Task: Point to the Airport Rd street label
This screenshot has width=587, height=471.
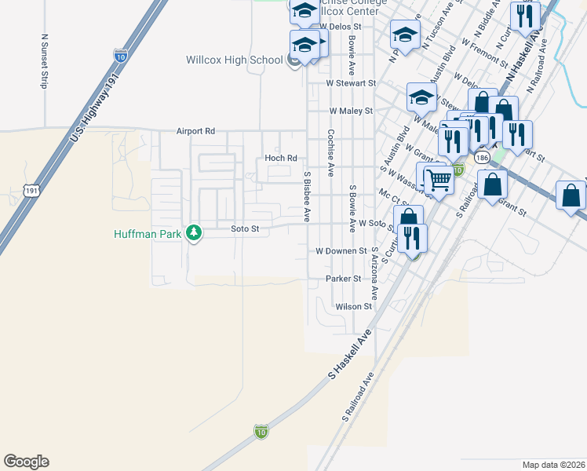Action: (195, 131)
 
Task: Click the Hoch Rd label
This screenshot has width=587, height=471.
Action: (281, 158)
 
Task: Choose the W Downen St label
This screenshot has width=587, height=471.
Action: (341, 251)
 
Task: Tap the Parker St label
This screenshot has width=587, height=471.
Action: (345, 279)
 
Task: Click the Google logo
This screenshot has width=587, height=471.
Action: (26, 462)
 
